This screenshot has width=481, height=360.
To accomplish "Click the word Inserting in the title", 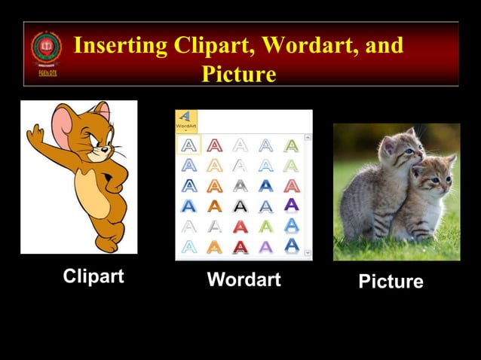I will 121,46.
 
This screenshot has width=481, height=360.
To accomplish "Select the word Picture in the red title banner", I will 238,75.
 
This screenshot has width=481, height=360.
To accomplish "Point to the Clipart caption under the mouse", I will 93,276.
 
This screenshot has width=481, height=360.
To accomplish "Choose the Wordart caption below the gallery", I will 244,280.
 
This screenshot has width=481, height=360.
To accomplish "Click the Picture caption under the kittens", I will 391,282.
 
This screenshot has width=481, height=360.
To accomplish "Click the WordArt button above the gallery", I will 185,121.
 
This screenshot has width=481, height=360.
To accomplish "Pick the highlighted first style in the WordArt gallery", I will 188,145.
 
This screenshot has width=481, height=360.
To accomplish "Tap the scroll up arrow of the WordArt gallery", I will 307,139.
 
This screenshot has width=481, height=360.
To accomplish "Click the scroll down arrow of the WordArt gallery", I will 307,255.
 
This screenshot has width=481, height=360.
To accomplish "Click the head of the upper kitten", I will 400,147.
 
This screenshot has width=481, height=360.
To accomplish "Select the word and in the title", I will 384,46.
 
